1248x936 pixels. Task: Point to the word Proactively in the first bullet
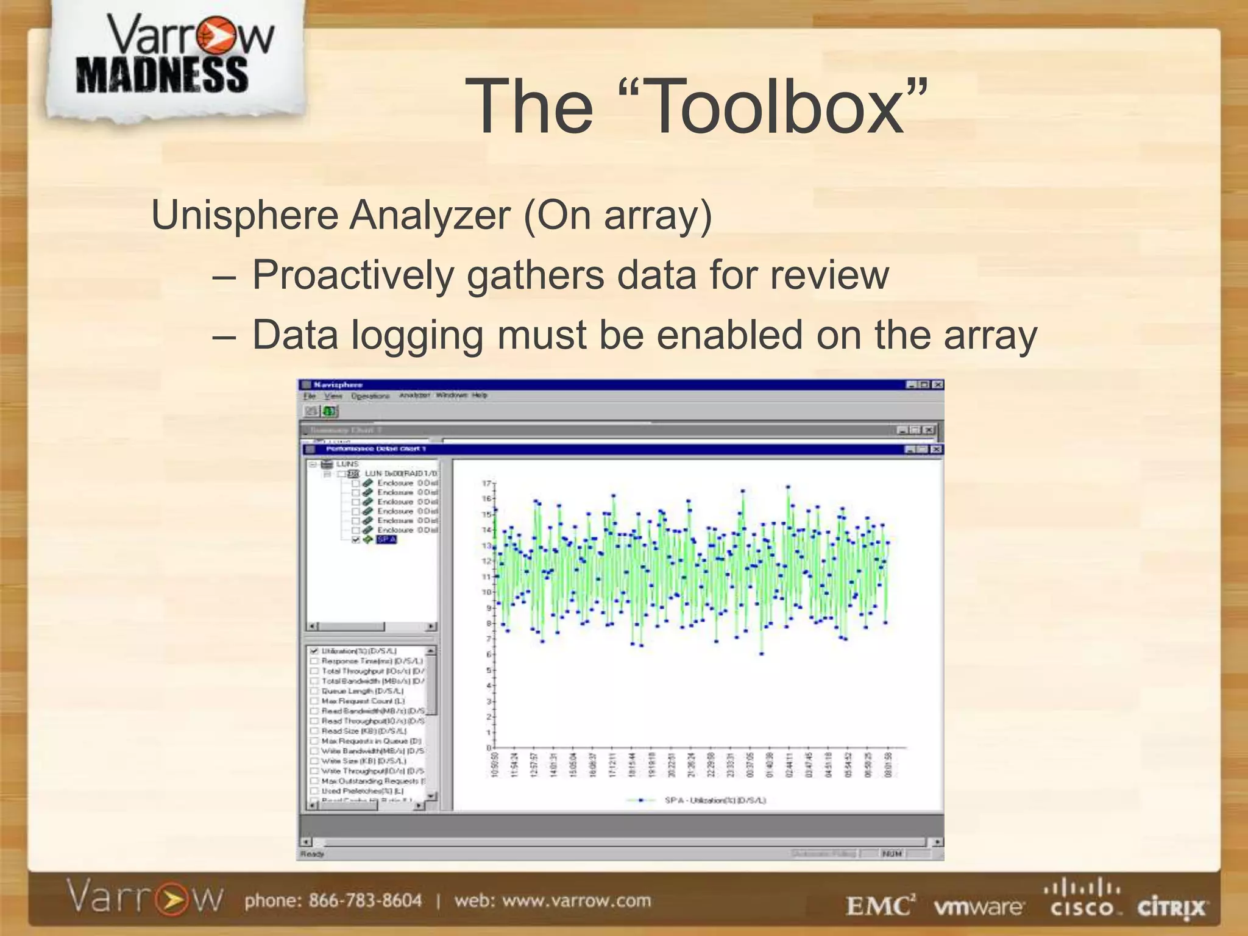point(353,275)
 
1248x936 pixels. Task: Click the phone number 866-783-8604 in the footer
point(364,901)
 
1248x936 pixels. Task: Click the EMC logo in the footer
point(880,906)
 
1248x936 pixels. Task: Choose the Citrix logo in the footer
point(1171,907)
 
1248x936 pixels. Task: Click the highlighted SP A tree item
point(386,540)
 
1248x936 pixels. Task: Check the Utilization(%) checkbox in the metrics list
point(314,651)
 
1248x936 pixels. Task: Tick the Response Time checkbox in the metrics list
point(314,661)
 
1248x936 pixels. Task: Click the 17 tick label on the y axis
point(486,483)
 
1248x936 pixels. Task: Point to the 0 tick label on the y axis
point(488,748)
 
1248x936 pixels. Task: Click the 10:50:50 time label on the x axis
point(494,764)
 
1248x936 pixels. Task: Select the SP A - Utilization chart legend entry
point(715,800)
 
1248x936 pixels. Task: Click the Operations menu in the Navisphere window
point(370,396)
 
